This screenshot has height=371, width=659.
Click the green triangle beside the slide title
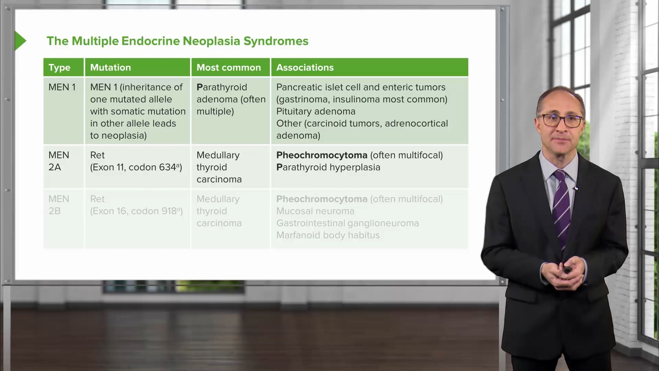pos(20,41)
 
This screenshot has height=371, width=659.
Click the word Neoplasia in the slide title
pos(211,41)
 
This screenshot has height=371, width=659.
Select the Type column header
pos(59,68)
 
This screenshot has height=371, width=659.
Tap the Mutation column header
pos(111,67)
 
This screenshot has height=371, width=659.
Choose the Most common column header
pos(229,67)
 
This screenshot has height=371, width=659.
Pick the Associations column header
pos(305,67)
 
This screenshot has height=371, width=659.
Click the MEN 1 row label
pos(62,87)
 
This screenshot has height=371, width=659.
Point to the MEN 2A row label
pos(59,161)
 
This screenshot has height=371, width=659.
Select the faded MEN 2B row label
pos(59,205)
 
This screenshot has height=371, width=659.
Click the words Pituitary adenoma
pos(316,111)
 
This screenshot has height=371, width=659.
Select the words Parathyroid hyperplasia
pos(328,167)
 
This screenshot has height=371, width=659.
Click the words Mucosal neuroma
pos(315,211)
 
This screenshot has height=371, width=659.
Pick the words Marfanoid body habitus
pos(328,235)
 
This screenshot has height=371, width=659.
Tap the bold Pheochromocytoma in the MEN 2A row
pos(322,155)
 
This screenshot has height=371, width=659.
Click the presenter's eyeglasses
pos(560,121)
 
